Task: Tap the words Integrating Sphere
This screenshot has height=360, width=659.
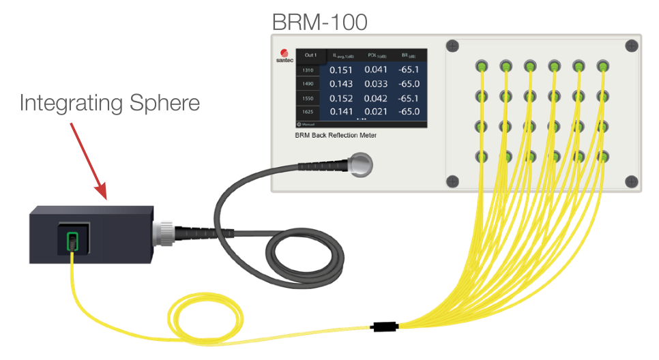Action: click(x=110, y=103)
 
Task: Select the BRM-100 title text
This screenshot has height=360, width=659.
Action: click(x=319, y=22)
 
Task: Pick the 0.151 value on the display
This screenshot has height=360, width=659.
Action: click(x=341, y=70)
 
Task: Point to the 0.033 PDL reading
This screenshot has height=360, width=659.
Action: click(x=375, y=84)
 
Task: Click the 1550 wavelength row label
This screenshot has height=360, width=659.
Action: click(x=308, y=98)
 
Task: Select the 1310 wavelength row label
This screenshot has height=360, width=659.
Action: click(x=308, y=70)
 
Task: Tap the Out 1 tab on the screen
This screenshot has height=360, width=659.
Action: click(x=310, y=55)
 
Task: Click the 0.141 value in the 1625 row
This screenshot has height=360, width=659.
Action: click(x=341, y=112)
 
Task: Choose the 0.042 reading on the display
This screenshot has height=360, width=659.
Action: click(x=375, y=98)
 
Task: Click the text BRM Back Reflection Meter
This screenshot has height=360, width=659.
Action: click(x=335, y=136)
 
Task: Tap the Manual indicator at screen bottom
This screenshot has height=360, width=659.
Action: click(x=308, y=125)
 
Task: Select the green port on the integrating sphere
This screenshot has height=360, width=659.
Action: click(x=72, y=240)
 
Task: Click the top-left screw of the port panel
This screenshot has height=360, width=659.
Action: click(x=452, y=46)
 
